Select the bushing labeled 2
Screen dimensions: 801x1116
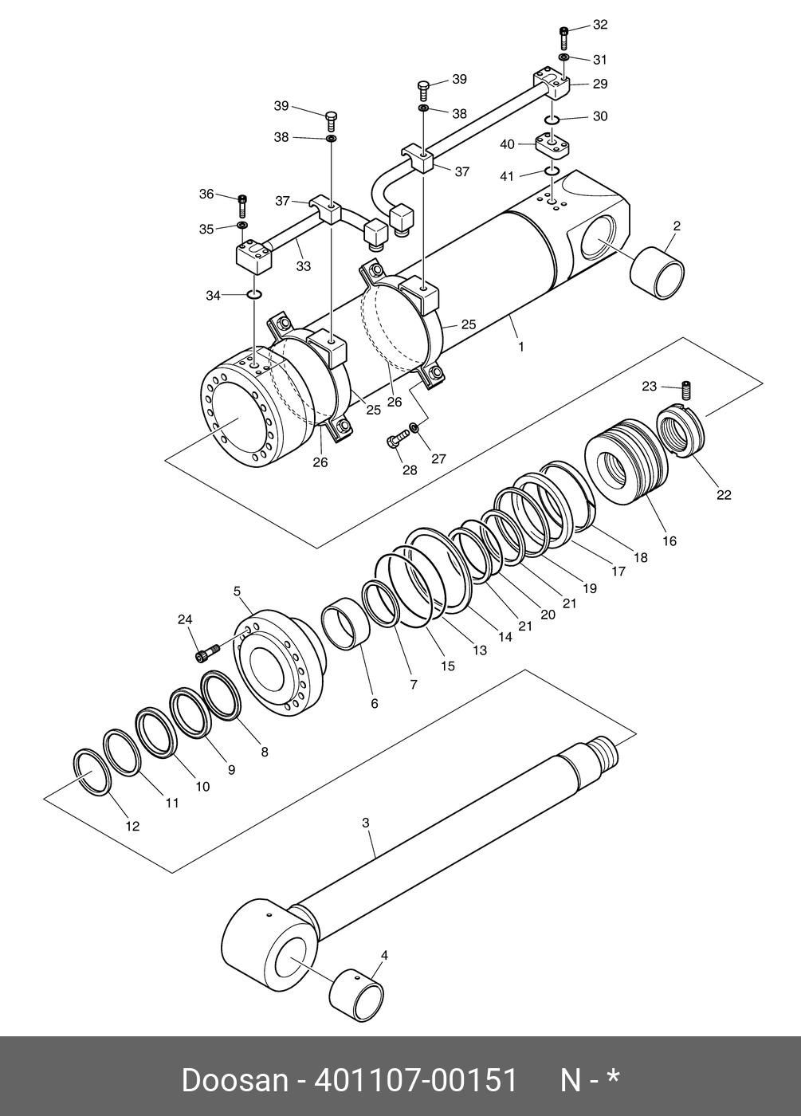click(658, 273)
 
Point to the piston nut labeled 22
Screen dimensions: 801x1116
click(680, 432)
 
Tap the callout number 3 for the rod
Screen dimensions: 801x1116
click(366, 823)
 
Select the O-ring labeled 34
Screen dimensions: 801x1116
click(254, 296)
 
